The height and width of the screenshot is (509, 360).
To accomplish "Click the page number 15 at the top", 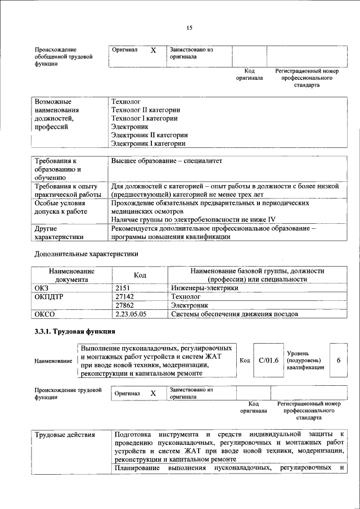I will tap(189, 28).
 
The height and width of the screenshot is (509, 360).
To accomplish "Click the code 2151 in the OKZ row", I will tap(123, 288).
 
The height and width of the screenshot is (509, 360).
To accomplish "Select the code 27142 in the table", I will tap(125, 296).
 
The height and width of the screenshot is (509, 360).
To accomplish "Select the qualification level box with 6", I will tap(338, 360).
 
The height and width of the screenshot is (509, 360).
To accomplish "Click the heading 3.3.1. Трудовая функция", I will tap(75, 331).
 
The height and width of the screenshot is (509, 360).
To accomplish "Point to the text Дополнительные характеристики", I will tap(87, 254).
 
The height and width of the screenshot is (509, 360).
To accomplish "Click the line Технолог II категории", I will tap(146, 110).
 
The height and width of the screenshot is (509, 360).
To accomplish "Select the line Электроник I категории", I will tap(148, 143).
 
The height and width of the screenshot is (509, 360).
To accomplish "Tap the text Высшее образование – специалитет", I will tap(166, 161).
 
